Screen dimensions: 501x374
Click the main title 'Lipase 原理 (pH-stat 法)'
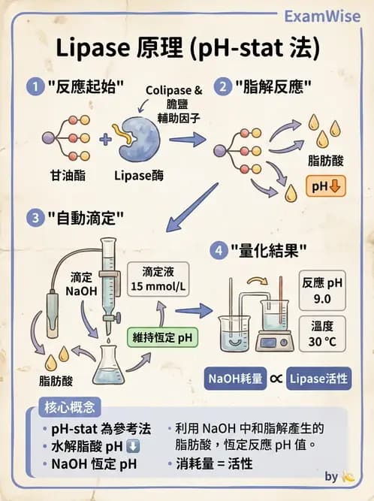coord(187,50)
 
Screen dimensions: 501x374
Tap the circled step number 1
coord(35,86)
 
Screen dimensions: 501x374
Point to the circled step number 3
coord(35,218)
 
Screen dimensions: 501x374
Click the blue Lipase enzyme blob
coord(142,137)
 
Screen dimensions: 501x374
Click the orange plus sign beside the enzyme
coord(105,139)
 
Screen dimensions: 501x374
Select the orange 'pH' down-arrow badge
coord(324,185)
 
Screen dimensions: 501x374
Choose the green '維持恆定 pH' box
coord(162,338)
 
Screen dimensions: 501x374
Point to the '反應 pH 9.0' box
coord(323,290)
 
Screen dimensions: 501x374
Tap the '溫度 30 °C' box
coord(323,333)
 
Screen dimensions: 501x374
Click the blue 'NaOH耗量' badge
coord(237,379)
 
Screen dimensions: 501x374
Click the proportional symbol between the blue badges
coord(276,379)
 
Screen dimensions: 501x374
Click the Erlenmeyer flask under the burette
coord(109,367)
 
